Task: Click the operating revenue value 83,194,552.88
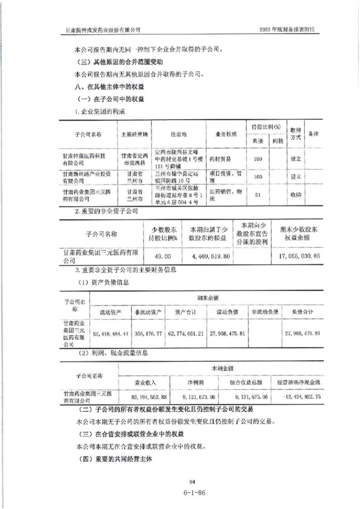(x=149, y=396)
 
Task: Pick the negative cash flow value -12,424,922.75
(x=301, y=396)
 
